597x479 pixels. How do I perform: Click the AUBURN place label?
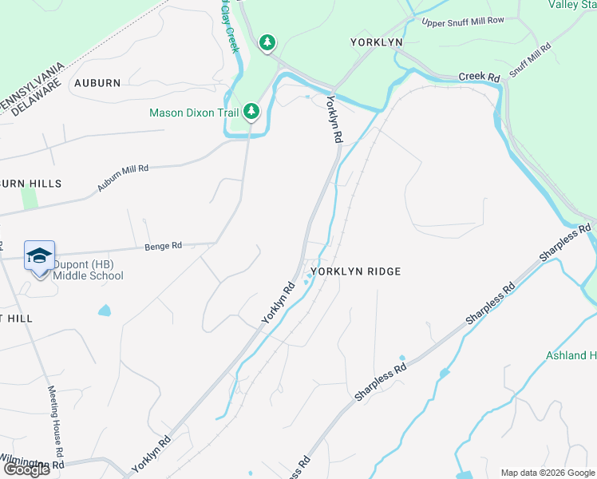(97, 83)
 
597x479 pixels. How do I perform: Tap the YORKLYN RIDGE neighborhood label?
(356, 271)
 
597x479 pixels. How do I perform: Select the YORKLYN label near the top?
(376, 42)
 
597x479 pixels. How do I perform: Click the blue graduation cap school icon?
(39, 255)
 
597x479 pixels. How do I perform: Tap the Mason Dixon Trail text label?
(194, 113)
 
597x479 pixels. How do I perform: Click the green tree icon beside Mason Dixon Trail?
(251, 110)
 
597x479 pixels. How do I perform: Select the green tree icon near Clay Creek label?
(267, 42)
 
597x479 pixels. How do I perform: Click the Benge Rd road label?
(164, 246)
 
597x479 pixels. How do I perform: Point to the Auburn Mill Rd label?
(123, 178)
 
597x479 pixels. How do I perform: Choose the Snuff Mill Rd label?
(531, 60)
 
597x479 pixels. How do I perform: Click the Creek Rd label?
(479, 77)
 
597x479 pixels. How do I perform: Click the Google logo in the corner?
(26, 469)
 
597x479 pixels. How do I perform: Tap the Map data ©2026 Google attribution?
(548, 473)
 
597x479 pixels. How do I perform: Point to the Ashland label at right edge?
(571, 355)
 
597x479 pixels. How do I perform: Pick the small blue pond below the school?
(105, 310)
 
